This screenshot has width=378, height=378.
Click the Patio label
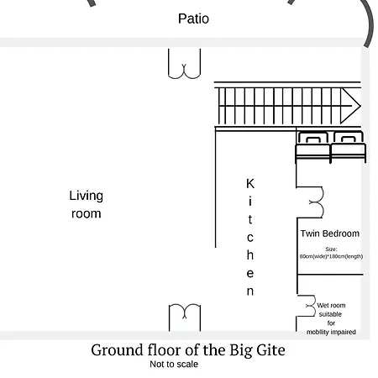click(x=193, y=18)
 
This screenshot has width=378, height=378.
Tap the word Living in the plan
click(x=87, y=196)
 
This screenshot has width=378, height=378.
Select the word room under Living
click(x=87, y=214)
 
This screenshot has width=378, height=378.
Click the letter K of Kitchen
click(x=250, y=184)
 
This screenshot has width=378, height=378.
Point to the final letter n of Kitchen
click(x=250, y=291)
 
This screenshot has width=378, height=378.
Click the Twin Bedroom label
click(x=330, y=234)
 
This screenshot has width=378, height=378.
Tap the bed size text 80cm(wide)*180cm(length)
click(x=331, y=256)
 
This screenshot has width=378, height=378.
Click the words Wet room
click(x=331, y=305)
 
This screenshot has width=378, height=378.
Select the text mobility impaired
click(x=331, y=332)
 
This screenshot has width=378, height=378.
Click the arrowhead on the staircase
click(x=350, y=106)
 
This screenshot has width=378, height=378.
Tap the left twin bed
click(x=313, y=147)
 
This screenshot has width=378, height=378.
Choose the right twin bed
click(x=349, y=147)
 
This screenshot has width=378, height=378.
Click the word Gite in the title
click(x=270, y=350)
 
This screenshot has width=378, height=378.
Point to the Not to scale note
click(x=174, y=364)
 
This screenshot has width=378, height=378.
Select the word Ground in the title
click(x=118, y=350)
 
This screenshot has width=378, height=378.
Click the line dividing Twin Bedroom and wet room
click(x=330, y=275)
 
